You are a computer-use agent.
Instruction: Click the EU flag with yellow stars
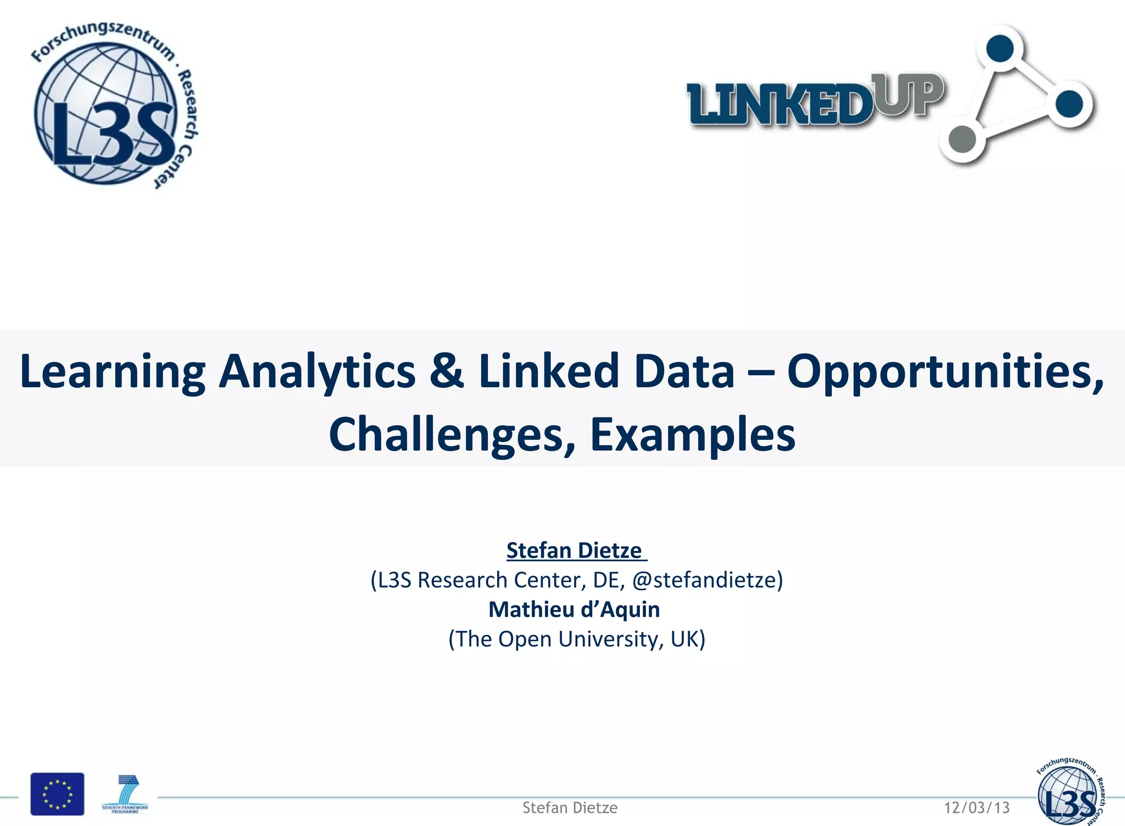(57, 794)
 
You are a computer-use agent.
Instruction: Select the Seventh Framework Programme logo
(125, 794)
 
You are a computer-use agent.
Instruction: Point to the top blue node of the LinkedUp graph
(1000, 48)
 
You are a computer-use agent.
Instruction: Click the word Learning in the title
(113, 372)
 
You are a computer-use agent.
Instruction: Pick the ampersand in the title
(446, 371)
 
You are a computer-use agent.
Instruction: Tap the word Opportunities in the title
(945, 372)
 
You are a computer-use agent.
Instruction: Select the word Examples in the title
(693, 434)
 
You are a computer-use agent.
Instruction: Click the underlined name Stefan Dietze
(575, 550)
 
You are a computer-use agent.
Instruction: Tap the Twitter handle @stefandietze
(707, 580)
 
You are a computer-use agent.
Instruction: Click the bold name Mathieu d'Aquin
(574, 610)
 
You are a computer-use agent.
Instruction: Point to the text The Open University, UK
(576, 639)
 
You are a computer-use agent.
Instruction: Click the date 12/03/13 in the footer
(977, 807)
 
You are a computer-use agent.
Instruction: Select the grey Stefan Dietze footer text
(570, 807)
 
